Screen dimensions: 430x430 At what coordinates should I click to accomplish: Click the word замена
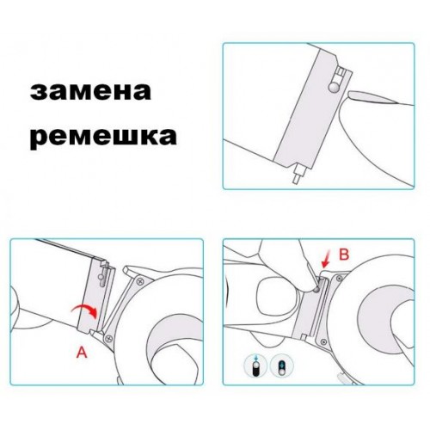[90, 91]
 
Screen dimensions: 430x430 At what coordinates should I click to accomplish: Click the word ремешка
[103, 139]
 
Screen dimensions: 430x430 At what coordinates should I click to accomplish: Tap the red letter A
[82, 352]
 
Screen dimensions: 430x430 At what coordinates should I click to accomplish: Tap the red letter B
[344, 254]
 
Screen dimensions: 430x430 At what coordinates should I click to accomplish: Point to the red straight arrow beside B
[326, 259]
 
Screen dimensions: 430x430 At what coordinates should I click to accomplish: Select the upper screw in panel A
[140, 281]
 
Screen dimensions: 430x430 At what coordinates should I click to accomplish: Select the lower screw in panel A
[108, 338]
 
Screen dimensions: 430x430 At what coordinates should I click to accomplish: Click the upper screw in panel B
[340, 278]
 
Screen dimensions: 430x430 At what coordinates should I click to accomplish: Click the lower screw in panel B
[323, 341]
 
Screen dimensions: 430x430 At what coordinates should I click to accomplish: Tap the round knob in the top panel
[334, 88]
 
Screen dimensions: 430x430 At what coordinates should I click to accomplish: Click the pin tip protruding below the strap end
[296, 181]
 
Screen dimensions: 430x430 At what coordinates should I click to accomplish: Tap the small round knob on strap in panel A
[100, 277]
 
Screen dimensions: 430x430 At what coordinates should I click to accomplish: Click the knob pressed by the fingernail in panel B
[316, 290]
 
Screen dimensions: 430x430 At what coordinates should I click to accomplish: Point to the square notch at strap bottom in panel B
[304, 336]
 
